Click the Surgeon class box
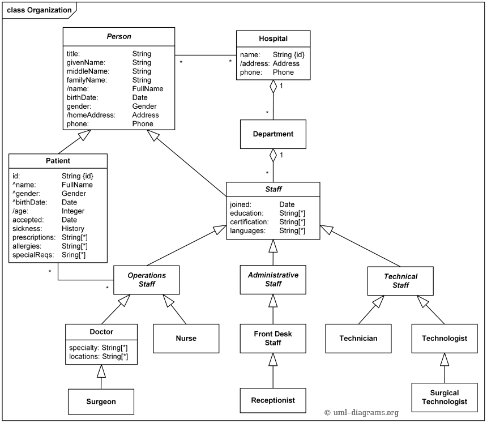point(101,401)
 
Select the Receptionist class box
point(273,400)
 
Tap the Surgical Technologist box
point(445,397)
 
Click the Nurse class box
point(186,338)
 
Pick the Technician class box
point(358,338)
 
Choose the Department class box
point(273,134)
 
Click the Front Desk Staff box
point(273,338)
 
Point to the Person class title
point(119,36)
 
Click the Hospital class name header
point(273,39)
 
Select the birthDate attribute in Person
point(83,97)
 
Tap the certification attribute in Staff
point(249,222)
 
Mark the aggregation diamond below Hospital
point(273,87)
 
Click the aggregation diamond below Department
point(273,155)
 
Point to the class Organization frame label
point(39,10)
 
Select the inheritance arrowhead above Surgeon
point(101,371)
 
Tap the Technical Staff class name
point(400,281)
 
